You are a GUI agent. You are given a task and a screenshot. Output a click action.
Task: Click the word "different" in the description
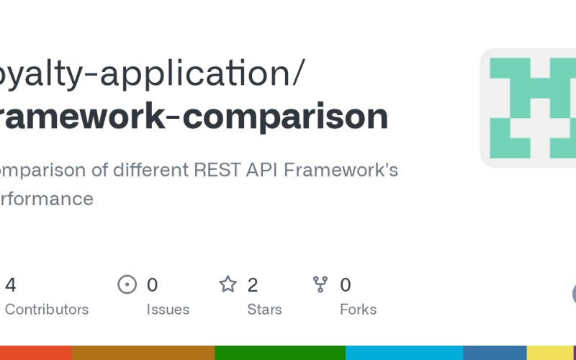(150, 171)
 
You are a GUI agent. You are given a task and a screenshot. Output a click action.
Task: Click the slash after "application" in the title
(297, 73)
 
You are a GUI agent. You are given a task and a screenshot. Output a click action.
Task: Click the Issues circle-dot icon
(127, 284)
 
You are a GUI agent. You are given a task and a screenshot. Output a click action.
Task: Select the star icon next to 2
(228, 284)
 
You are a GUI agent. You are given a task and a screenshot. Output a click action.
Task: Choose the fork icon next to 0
(320, 284)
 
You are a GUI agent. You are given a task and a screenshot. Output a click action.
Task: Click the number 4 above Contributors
(11, 285)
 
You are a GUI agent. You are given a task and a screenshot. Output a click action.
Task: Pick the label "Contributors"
(47, 310)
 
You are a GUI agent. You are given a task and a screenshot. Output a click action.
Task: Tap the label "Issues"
(168, 310)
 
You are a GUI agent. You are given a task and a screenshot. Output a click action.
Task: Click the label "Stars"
(264, 310)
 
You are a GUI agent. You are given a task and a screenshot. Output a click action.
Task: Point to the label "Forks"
(358, 310)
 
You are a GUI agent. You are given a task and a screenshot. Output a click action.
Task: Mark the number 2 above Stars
(253, 285)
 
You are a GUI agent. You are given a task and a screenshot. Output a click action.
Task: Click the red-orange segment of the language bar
(36, 353)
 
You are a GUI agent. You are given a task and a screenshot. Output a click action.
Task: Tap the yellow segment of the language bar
(549, 353)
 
